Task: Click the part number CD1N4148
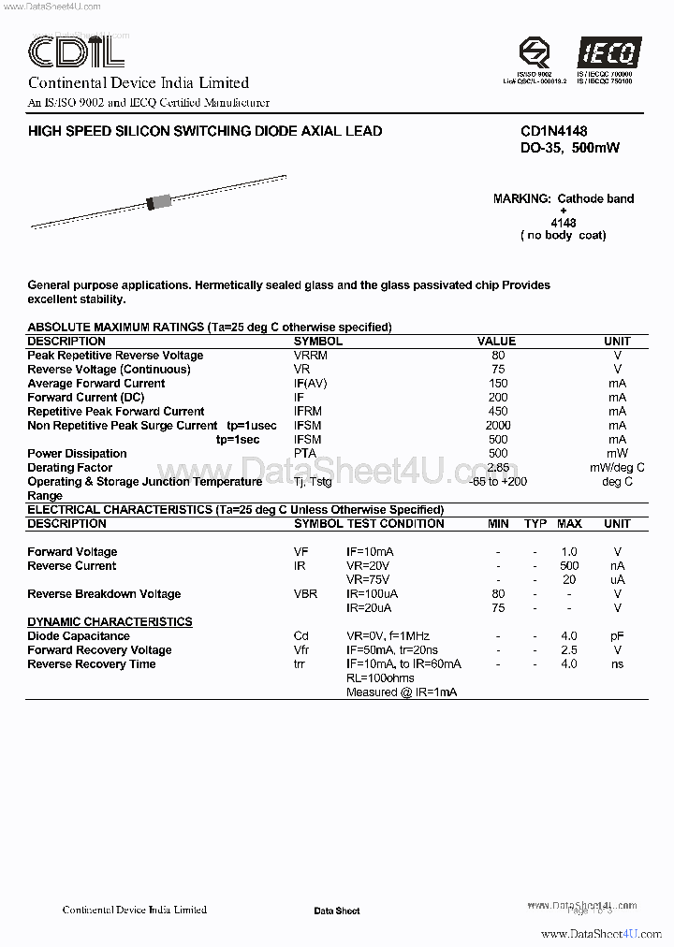(554, 132)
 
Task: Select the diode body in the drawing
(159, 201)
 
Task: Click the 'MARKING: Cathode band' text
(564, 198)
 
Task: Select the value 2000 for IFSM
(497, 426)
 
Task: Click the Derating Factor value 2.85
(498, 468)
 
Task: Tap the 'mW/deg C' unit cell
(617, 468)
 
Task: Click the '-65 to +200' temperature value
(498, 482)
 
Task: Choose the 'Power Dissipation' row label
(77, 454)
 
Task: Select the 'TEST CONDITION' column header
(395, 524)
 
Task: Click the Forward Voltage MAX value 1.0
(569, 552)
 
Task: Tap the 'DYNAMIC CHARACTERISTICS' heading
(110, 622)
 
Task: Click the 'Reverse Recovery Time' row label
(92, 664)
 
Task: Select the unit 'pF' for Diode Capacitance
(617, 636)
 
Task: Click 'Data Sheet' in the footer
(336, 911)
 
